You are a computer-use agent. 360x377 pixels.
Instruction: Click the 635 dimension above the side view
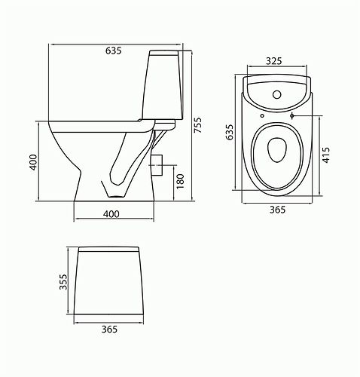(114, 52)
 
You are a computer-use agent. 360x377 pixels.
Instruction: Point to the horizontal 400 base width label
(111, 215)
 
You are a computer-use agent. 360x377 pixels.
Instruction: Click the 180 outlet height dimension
(180, 181)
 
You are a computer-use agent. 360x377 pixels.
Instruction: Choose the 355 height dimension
(65, 280)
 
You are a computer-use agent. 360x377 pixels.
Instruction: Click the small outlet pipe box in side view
(158, 164)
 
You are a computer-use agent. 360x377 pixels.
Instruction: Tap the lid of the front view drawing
(111, 248)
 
